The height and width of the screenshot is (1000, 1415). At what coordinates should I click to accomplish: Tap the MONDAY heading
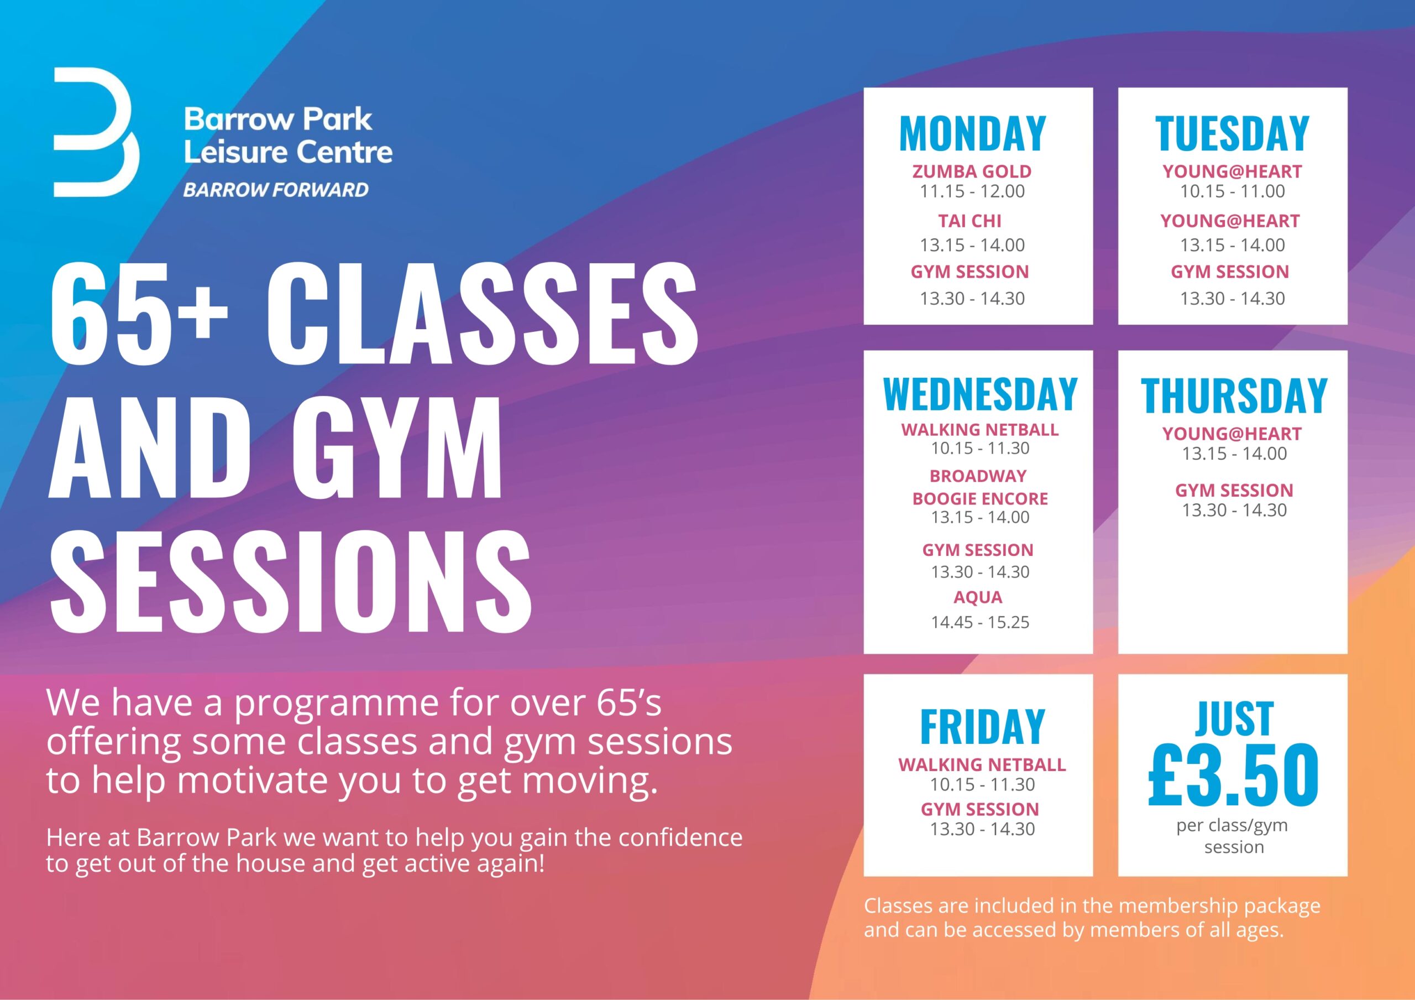pos(972,133)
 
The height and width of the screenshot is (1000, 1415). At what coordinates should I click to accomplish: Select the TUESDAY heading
pos(1232,133)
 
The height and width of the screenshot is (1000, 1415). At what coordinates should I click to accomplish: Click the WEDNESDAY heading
pos(980,394)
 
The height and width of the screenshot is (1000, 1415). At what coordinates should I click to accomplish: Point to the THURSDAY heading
pos(1234,395)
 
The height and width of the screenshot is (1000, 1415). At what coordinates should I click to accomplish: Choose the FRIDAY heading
pos(982,727)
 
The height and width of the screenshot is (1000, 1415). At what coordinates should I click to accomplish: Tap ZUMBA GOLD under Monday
pos(972,171)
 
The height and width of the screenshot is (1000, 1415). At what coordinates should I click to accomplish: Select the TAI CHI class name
pos(970,221)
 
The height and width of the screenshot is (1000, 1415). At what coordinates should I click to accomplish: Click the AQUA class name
pos(978,597)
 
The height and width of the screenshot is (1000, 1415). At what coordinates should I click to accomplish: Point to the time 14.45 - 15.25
pos(980,622)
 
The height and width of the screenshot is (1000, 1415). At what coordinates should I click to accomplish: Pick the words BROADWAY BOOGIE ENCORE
pos(980,487)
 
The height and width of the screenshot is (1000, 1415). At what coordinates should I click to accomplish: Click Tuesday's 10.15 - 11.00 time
pos(1232,191)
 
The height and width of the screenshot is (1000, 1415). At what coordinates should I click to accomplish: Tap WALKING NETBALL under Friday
pos(982,764)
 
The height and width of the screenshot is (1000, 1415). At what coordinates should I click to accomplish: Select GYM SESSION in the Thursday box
pos(1234,490)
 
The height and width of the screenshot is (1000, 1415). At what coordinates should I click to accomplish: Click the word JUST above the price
pos(1234,719)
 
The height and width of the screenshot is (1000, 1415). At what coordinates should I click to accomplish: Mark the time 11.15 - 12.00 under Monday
pos(972,191)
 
